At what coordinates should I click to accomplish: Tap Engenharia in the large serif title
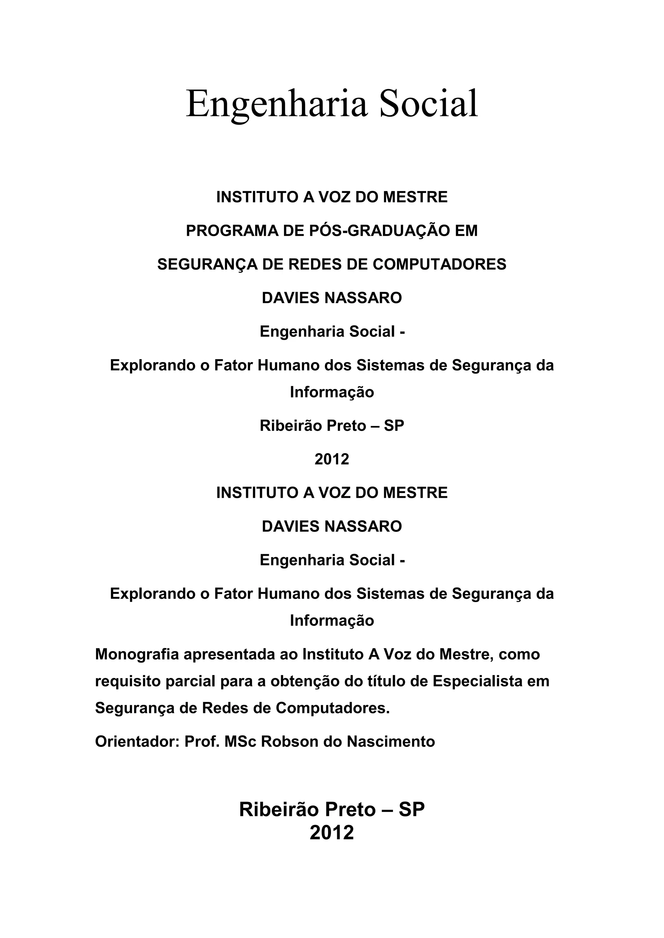click(277, 105)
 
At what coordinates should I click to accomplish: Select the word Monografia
click(136, 655)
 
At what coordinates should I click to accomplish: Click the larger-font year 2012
click(332, 833)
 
